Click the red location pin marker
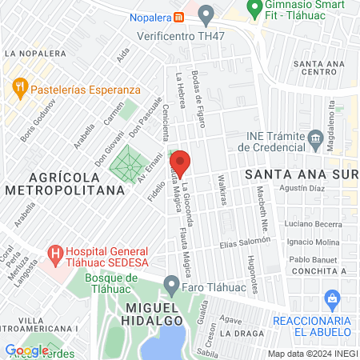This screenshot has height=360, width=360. [180, 163]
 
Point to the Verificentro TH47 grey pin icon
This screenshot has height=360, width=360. [207, 13]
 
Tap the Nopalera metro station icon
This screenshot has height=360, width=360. [181, 14]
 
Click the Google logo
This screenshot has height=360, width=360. [26, 350]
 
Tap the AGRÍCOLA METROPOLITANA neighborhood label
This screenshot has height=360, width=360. [65, 183]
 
